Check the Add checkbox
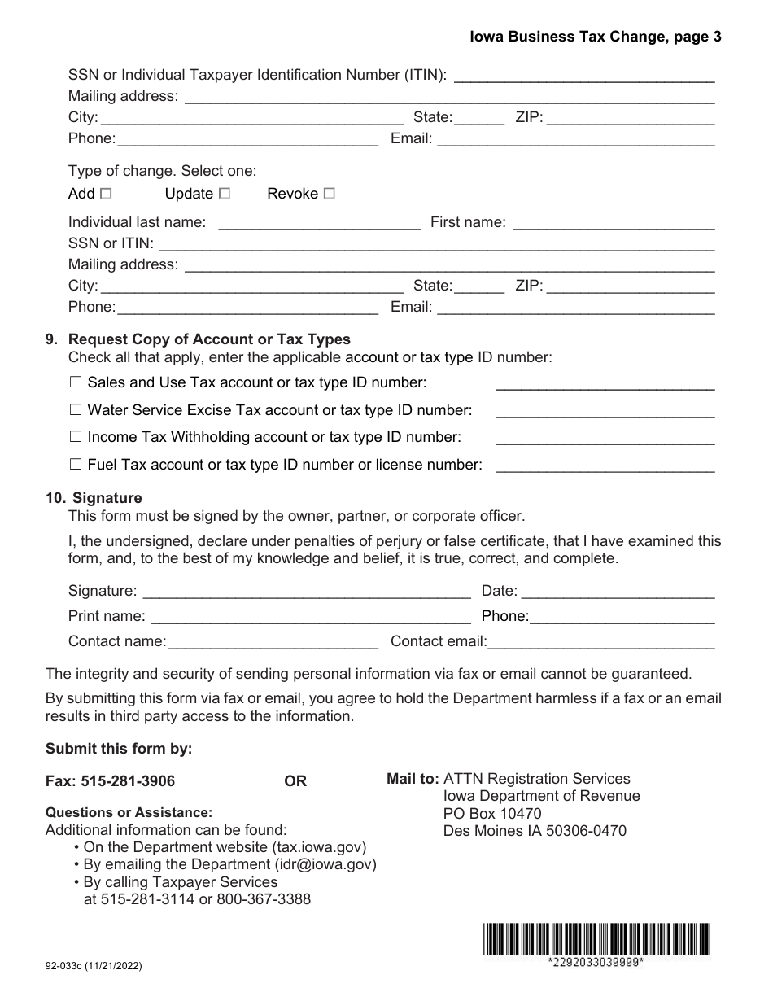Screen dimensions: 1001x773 105,194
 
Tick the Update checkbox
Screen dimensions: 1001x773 225,194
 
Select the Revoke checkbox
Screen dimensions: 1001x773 329,194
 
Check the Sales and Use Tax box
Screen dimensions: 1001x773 76,382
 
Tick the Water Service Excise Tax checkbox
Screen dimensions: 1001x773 76,409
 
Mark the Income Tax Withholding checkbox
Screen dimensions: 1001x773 76,437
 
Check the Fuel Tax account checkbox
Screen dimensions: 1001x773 76,465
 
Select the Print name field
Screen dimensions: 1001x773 311,616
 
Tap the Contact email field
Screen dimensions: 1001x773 601,641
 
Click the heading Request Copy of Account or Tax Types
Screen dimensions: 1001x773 209,339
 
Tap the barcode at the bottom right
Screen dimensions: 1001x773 596,938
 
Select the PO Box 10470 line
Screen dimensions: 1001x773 492,814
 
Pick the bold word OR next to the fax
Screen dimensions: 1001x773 295,781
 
